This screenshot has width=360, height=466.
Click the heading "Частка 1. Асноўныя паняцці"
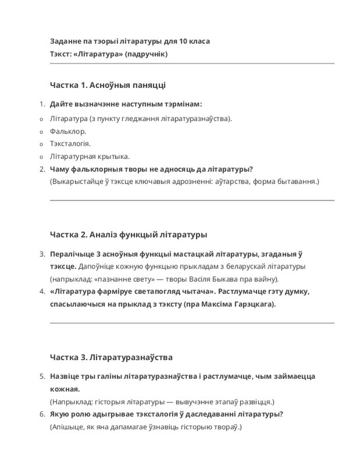108,86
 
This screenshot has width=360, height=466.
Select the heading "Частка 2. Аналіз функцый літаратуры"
128,235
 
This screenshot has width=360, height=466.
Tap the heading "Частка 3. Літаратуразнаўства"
111,357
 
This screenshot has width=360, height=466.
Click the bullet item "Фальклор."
68,131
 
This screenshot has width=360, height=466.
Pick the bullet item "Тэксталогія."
70,144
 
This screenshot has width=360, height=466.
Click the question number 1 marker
41,104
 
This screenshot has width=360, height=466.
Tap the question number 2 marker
41,170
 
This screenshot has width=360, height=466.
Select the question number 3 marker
41,254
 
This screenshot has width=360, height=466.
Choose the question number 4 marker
41,291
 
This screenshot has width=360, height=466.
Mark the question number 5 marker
41,376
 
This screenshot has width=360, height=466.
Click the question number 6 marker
41,414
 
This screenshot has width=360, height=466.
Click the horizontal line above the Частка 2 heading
192,200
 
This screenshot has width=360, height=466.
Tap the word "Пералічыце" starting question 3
71,254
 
